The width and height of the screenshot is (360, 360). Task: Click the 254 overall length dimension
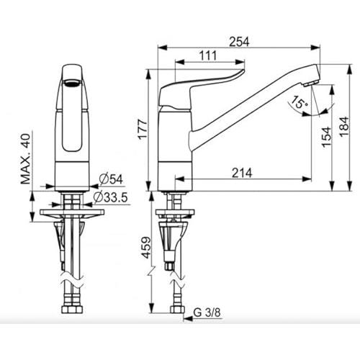click(239, 42)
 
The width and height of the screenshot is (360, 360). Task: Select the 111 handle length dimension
click(208, 55)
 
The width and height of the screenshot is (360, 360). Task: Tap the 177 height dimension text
click(143, 129)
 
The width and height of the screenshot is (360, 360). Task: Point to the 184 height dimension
click(344, 127)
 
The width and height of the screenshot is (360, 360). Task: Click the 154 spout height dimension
click(327, 138)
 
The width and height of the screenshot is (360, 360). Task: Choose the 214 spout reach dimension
click(242, 173)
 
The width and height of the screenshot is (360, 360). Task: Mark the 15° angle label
click(300, 102)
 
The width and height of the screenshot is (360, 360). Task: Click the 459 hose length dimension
click(146, 248)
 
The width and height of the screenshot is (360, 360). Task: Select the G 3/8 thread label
click(207, 312)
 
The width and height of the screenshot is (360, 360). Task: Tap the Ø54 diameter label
click(111, 179)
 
